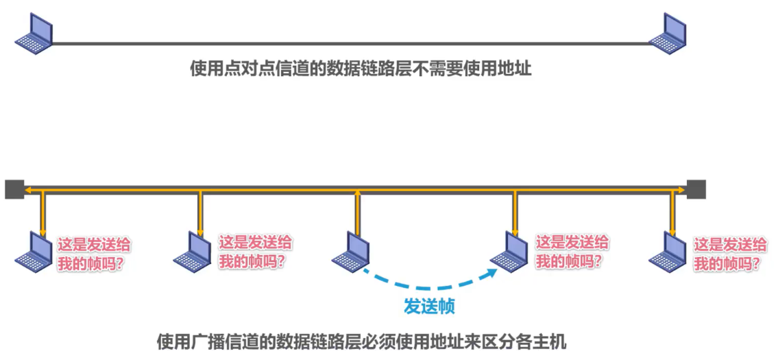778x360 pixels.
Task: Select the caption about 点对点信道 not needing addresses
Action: (361, 69)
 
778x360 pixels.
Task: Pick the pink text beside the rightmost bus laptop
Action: (730, 253)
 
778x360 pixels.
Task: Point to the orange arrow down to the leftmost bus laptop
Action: (42, 213)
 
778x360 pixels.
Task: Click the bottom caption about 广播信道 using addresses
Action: (361, 341)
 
